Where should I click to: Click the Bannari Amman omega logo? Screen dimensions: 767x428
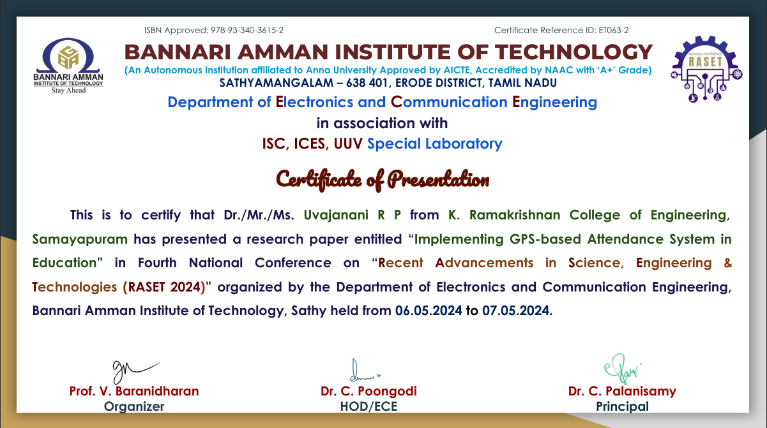tap(68, 66)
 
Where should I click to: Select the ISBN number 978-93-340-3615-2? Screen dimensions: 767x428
tap(247, 31)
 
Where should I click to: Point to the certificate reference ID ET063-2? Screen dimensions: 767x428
tap(614, 31)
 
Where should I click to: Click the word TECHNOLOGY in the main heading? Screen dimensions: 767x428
tap(574, 52)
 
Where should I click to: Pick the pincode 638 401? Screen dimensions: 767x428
tap(367, 83)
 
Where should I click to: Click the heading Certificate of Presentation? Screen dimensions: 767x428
tap(383, 179)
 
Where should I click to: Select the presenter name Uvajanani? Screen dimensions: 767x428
tap(336, 215)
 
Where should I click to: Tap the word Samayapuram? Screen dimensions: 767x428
tap(80, 239)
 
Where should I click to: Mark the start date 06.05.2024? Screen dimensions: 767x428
tap(429, 311)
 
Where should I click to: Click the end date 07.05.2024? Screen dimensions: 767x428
tap(516, 311)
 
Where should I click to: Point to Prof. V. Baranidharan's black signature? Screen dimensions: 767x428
tap(135, 372)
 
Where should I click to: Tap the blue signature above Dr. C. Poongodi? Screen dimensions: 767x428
tap(364, 371)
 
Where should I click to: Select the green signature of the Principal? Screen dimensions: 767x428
tap(622, 369)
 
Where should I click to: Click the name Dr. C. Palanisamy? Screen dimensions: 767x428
tap(622, 391)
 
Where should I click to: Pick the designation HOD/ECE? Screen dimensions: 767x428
tap(368, 406)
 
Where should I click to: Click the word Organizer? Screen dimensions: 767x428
tap(134, 407)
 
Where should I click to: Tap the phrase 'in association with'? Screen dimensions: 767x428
tap(382, 123)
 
